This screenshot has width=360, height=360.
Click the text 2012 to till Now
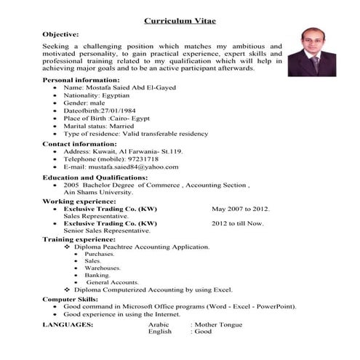[x=238, y=223]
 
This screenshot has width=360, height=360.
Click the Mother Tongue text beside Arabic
[x=217, y=323]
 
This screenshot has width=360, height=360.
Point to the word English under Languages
[x=160, y=331]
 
